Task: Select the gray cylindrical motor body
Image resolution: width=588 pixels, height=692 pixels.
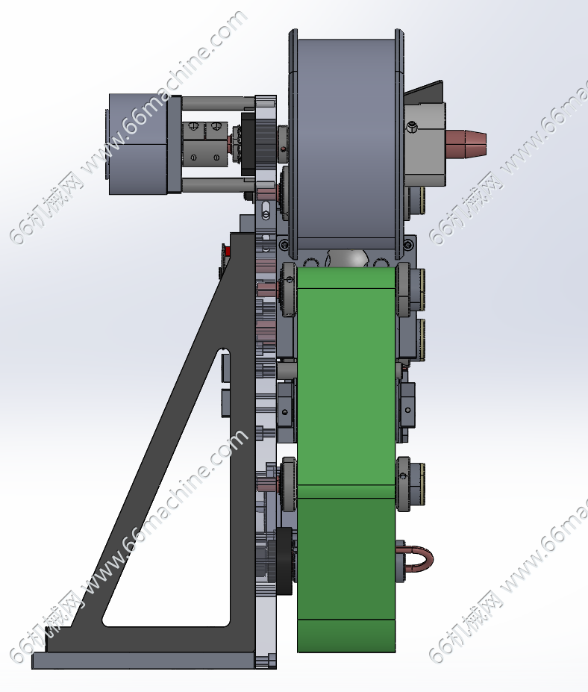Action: point(137,144)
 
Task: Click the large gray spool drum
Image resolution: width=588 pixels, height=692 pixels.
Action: point(347,143)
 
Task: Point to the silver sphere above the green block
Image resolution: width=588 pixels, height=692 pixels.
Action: point(348,258)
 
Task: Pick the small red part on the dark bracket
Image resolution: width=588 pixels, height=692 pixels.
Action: point(228,252)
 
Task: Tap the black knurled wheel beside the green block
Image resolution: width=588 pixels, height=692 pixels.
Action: point(284,561)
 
